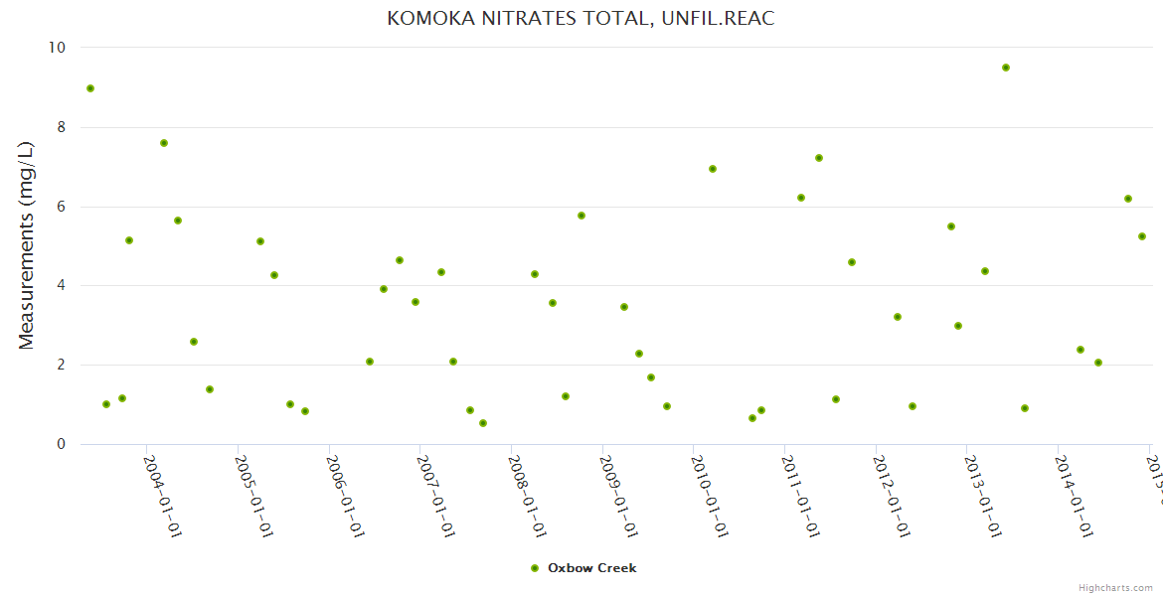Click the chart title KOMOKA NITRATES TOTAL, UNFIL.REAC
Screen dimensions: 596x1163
581,19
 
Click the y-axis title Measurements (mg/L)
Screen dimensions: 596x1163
27,245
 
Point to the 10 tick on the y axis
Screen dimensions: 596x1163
57,48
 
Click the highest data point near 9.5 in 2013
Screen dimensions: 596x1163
1006,68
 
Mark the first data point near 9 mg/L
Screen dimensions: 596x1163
90,88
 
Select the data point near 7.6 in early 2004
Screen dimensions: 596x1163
164,143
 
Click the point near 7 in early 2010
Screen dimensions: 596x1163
713,169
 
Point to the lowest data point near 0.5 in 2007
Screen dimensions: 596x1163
483,423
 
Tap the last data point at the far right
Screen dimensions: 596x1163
1142,236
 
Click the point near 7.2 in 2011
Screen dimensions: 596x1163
819,158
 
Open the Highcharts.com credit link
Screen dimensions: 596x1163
1115,588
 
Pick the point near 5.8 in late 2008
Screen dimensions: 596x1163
581,216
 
